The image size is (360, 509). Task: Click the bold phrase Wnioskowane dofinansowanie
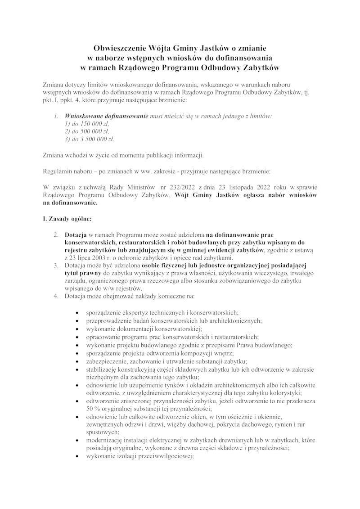point(107,115)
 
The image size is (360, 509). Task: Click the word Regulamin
point(57,172)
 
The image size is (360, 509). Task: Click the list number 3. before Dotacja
point(56,266)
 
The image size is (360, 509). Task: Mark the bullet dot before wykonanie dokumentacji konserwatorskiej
point(79,329)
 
